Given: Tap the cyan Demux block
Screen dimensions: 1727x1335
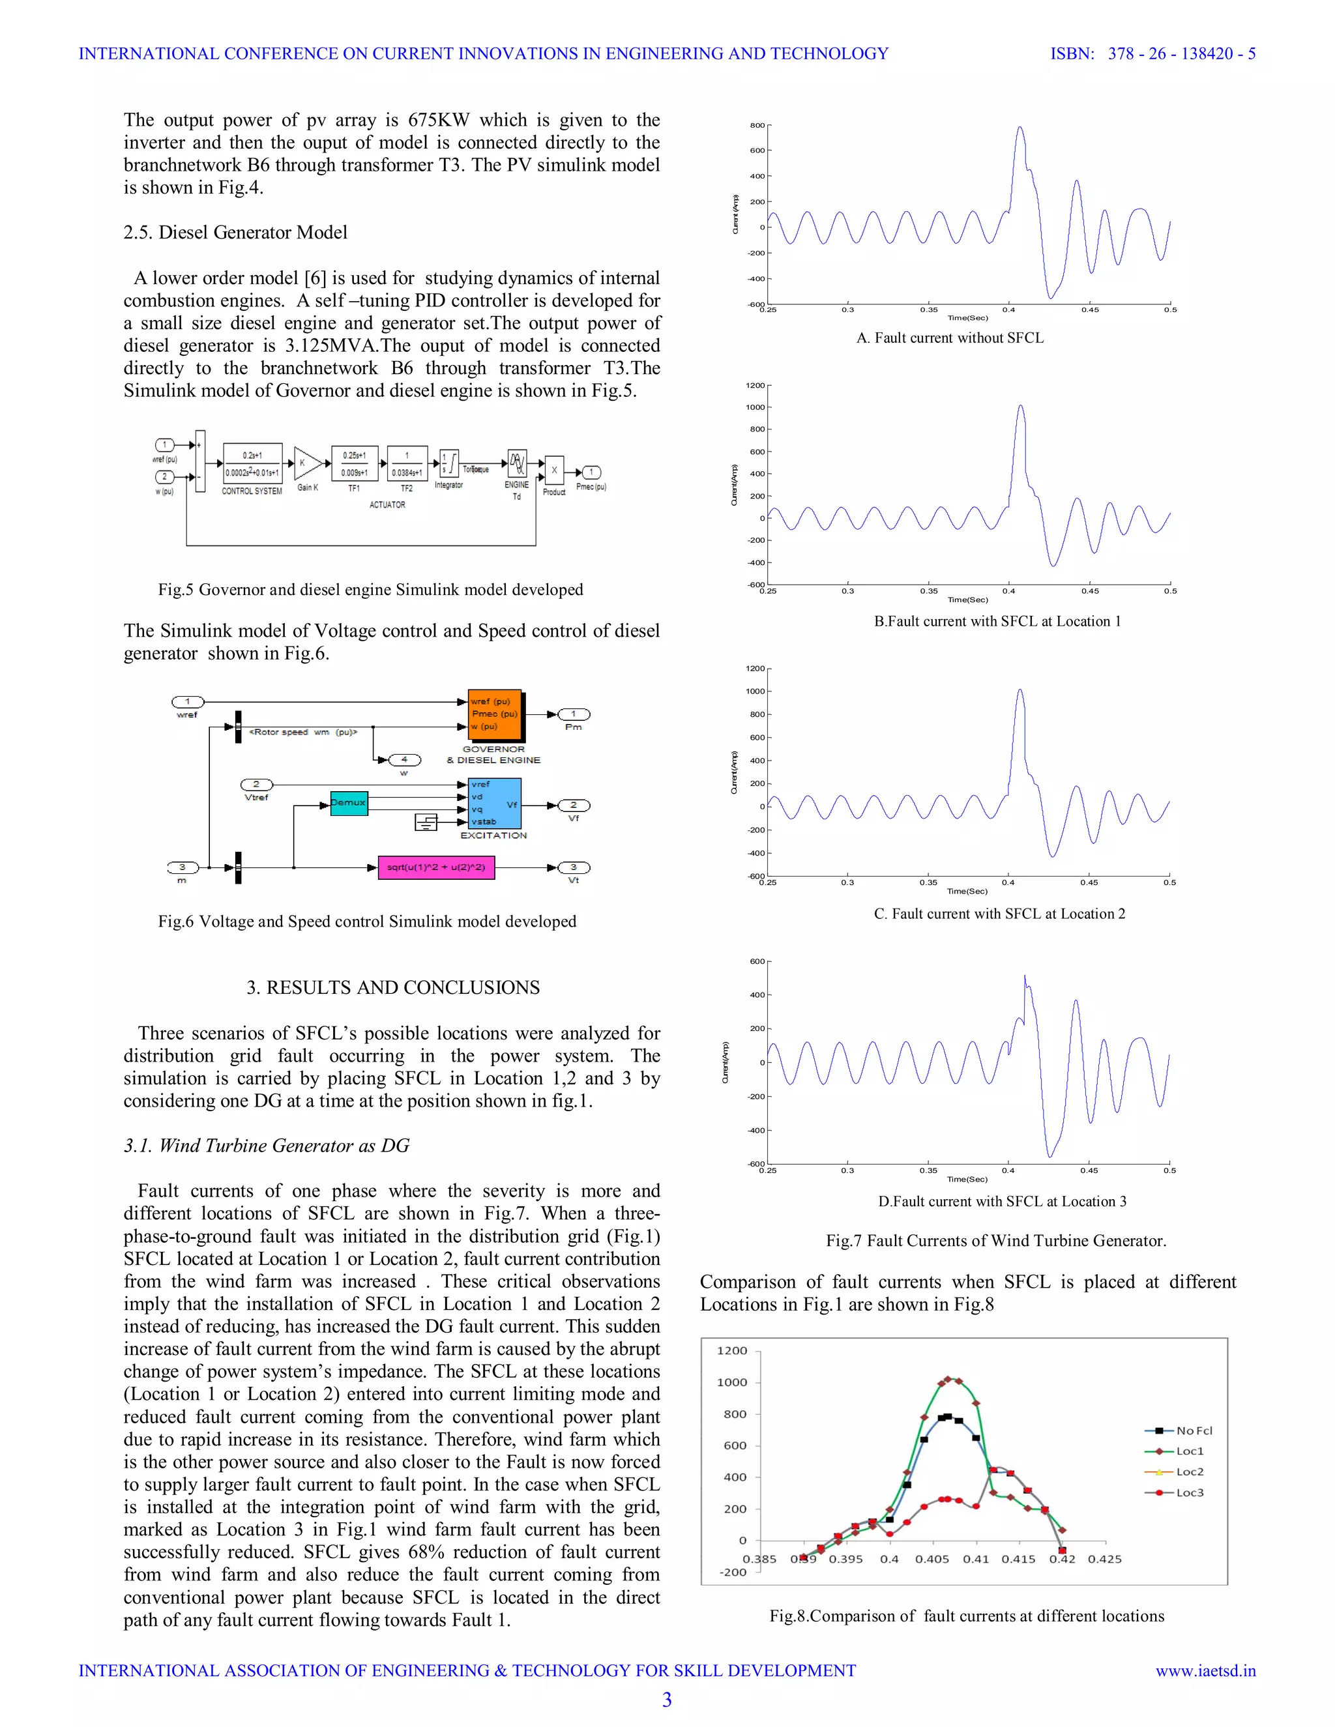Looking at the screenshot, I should (349, 803).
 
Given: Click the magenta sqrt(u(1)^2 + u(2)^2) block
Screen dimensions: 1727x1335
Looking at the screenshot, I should (436, 867).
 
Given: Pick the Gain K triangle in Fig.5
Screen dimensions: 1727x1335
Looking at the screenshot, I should (307, 463).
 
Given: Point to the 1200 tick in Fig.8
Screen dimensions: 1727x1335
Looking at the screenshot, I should (731, 1350).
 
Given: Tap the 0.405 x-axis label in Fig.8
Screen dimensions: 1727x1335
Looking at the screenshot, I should (932, 1560).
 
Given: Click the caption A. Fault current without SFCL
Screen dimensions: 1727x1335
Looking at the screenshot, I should (950, 338).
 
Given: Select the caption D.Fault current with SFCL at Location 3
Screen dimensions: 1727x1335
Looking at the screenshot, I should (1002, 1201).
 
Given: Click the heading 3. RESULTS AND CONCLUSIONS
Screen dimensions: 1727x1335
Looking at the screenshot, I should (393, 987).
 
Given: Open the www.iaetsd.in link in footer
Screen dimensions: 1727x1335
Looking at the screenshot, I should (1205, 1671).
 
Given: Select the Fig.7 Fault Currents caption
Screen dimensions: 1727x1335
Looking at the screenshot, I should (996, 1241).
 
